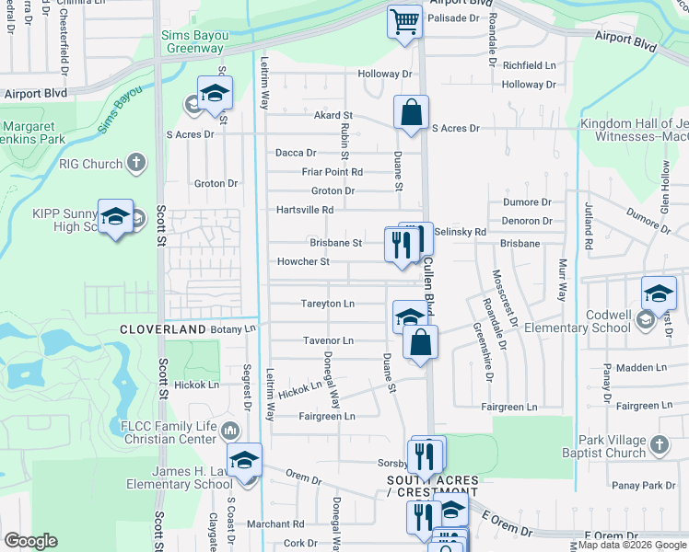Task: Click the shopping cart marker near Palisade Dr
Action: [404, 21]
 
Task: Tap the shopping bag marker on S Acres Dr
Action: [411, 114]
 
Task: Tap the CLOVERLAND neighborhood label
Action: [163, 329]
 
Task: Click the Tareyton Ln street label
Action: [327, 304]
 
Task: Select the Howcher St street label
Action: [303, 262]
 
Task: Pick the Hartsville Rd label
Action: [304, 210]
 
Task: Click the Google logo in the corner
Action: [30, 541]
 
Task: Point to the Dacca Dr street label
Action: [296, 153]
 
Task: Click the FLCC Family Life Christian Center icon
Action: [230, 430]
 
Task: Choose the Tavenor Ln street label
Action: [328, 340]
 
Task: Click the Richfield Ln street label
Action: [529, 65]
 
